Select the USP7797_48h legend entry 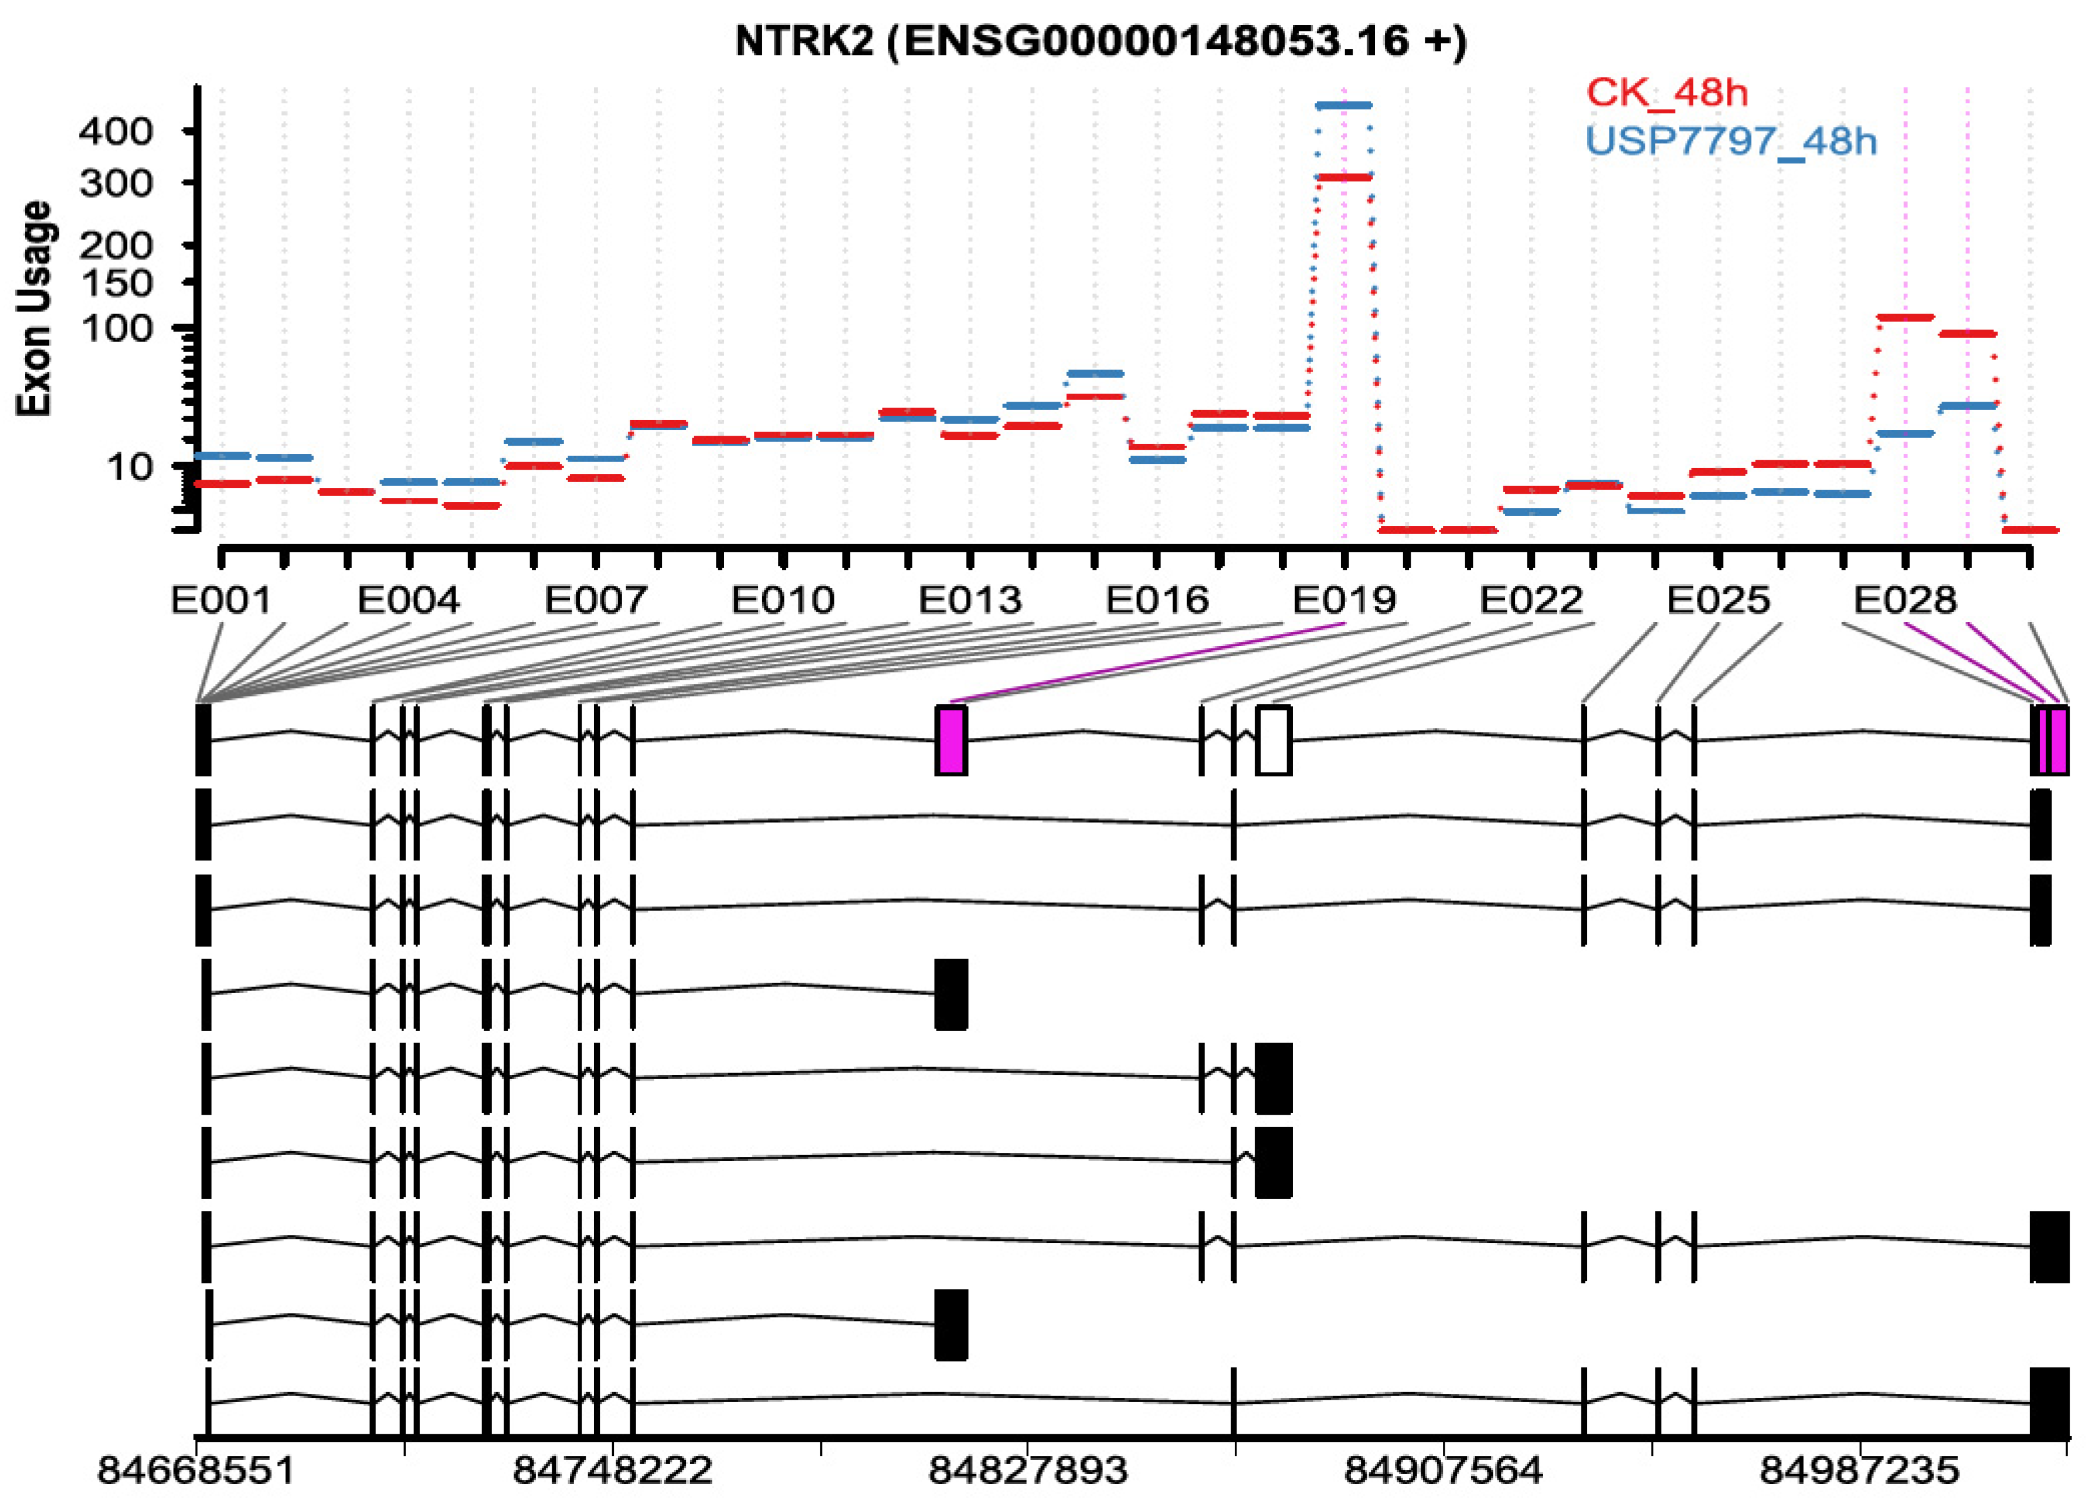pyautogui.click(x=1730, y=141)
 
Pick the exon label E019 pyautogui.click(x=1344, y=600)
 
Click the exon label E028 pyautogui.click(x=1905, y=600)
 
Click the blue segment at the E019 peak pyautogui.click(x=1344, y=105)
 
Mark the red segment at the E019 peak pyautogui.click(x=1344, y=177)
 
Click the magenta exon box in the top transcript pyautogui.click(x=951, y=741)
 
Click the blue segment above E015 pyautogui.click(x=1095, y=374)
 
